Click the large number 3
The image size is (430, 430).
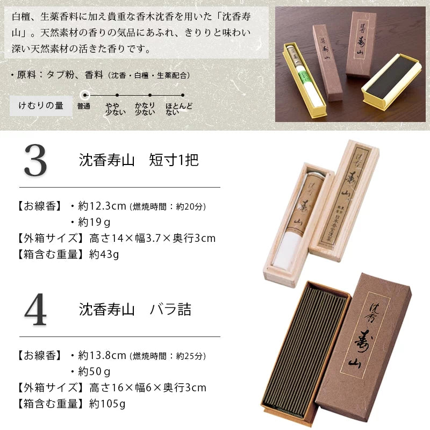[36, 161]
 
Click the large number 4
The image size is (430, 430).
[36, 311]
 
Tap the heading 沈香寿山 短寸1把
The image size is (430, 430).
[139, 160]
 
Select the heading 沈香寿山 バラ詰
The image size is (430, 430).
[135, 310]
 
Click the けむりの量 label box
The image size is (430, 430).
[41, 105]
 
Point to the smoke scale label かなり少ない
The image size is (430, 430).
[145, 109]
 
